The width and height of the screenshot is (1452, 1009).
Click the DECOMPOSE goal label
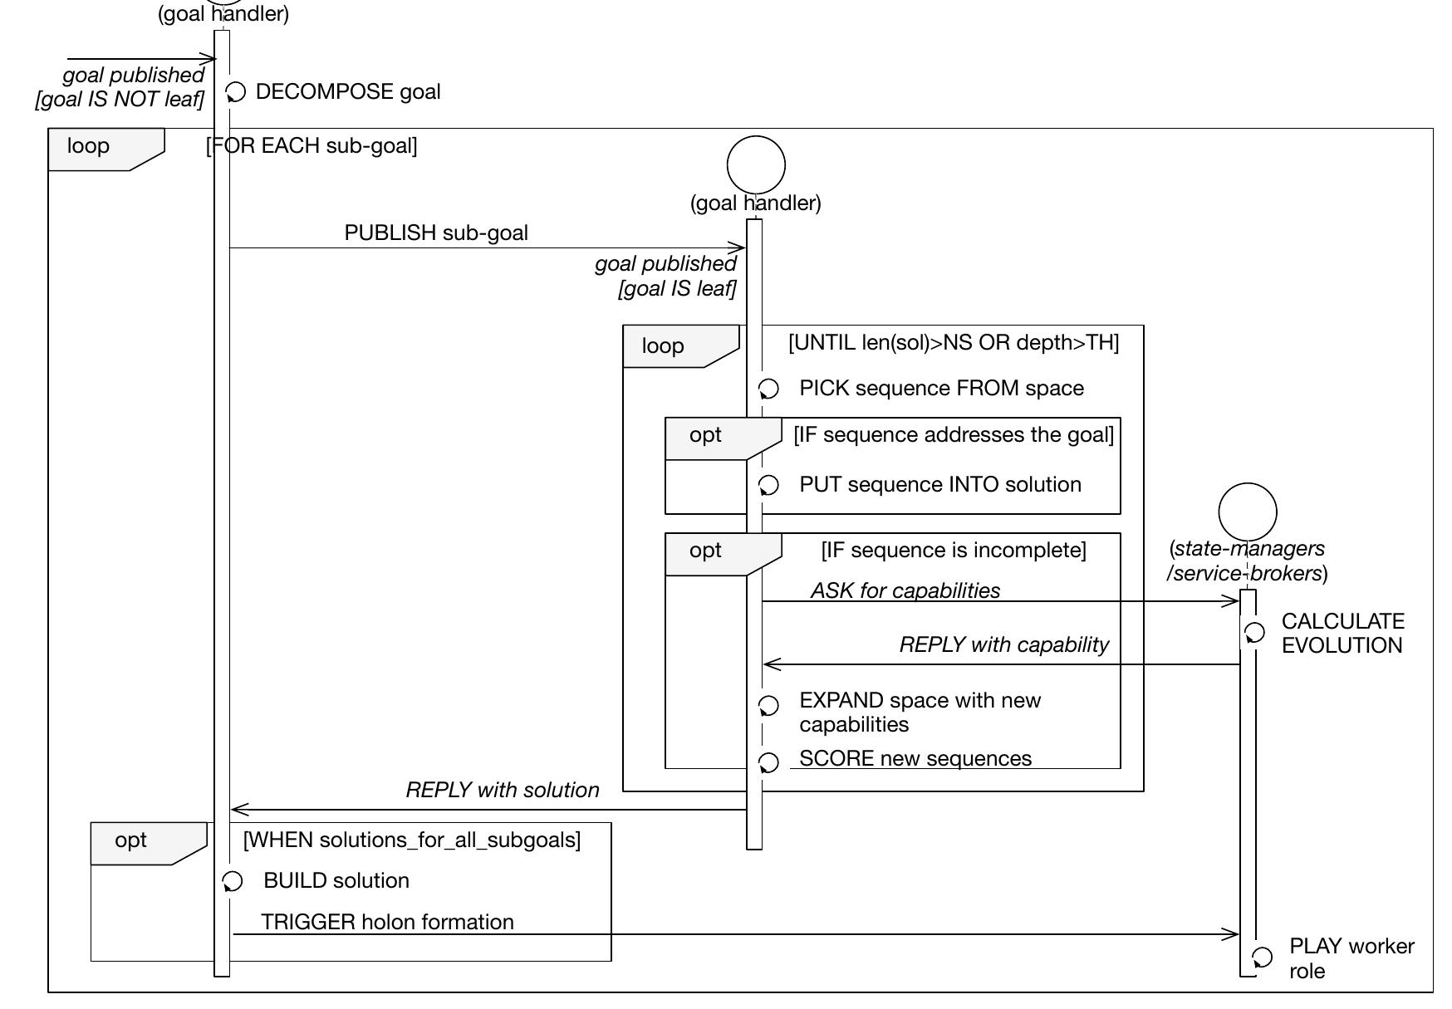[347, 92]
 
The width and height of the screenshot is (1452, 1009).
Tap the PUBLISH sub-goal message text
[436, 233]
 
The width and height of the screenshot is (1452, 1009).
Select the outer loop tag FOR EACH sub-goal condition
[311, 146]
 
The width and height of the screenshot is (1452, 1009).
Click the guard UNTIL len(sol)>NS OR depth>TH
[954, 343]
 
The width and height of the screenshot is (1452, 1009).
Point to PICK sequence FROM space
[941, 389]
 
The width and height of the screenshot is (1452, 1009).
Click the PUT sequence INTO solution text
[939, 485]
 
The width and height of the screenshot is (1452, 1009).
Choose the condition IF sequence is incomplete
[953, 551]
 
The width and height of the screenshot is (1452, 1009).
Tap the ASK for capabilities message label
[905, 590]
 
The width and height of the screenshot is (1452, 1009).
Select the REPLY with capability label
[1003, 645]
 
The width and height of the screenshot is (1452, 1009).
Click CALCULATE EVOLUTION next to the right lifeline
[1342, 634]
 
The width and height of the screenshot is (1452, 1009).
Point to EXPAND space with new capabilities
[920, 713]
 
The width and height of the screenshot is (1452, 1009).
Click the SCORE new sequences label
[915, 759]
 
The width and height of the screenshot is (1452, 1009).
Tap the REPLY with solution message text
[502, 791]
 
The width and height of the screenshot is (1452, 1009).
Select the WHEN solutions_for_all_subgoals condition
[412, 840]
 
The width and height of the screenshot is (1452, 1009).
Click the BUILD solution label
[336, 881]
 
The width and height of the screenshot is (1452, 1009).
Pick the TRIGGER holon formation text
[387, 923]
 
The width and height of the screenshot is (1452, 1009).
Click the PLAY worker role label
[1351, 958]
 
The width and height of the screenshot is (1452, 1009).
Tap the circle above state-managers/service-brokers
[1247, 512]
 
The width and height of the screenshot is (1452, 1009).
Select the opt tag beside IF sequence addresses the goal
[705, 435]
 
